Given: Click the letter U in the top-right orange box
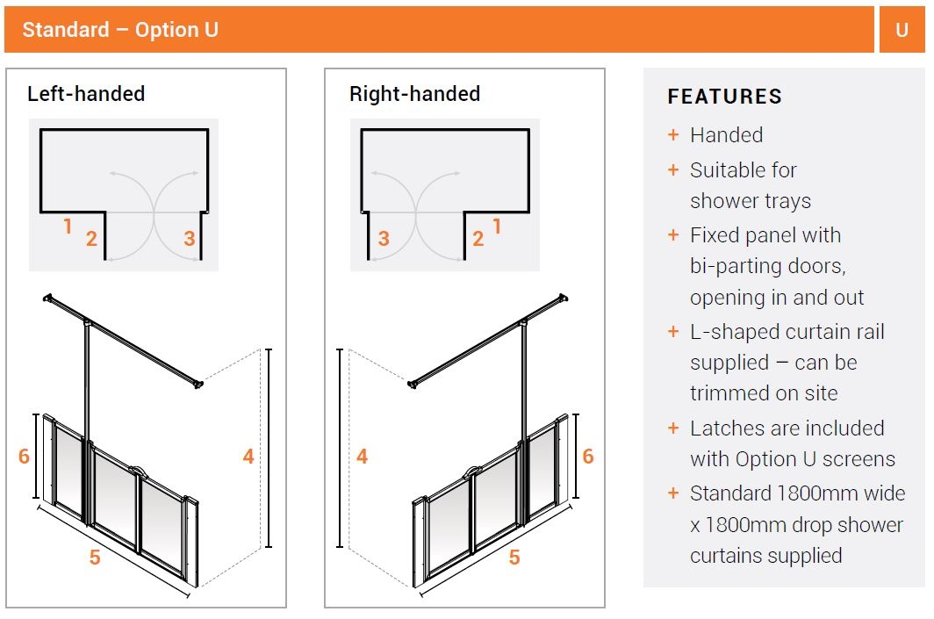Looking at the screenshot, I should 902,30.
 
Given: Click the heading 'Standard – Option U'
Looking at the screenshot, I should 120,30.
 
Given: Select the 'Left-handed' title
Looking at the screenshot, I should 86,94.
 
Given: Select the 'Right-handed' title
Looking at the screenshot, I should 414,94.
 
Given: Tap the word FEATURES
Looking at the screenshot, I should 724,97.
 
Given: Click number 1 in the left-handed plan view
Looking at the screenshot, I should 68,227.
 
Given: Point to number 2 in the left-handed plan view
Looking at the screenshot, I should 91,239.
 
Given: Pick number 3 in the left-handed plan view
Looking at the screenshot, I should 189,239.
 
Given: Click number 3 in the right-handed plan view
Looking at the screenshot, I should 384,239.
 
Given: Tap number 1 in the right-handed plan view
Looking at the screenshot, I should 497,227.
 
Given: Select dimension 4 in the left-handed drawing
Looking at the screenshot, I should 248,456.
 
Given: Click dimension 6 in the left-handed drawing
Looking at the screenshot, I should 24,456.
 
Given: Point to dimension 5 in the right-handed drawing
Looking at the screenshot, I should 514,558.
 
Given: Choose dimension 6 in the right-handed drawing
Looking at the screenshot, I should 587,456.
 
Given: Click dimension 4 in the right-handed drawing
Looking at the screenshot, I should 362,456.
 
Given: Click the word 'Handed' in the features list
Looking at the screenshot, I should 726,135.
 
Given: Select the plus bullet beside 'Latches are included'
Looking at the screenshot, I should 673,428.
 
